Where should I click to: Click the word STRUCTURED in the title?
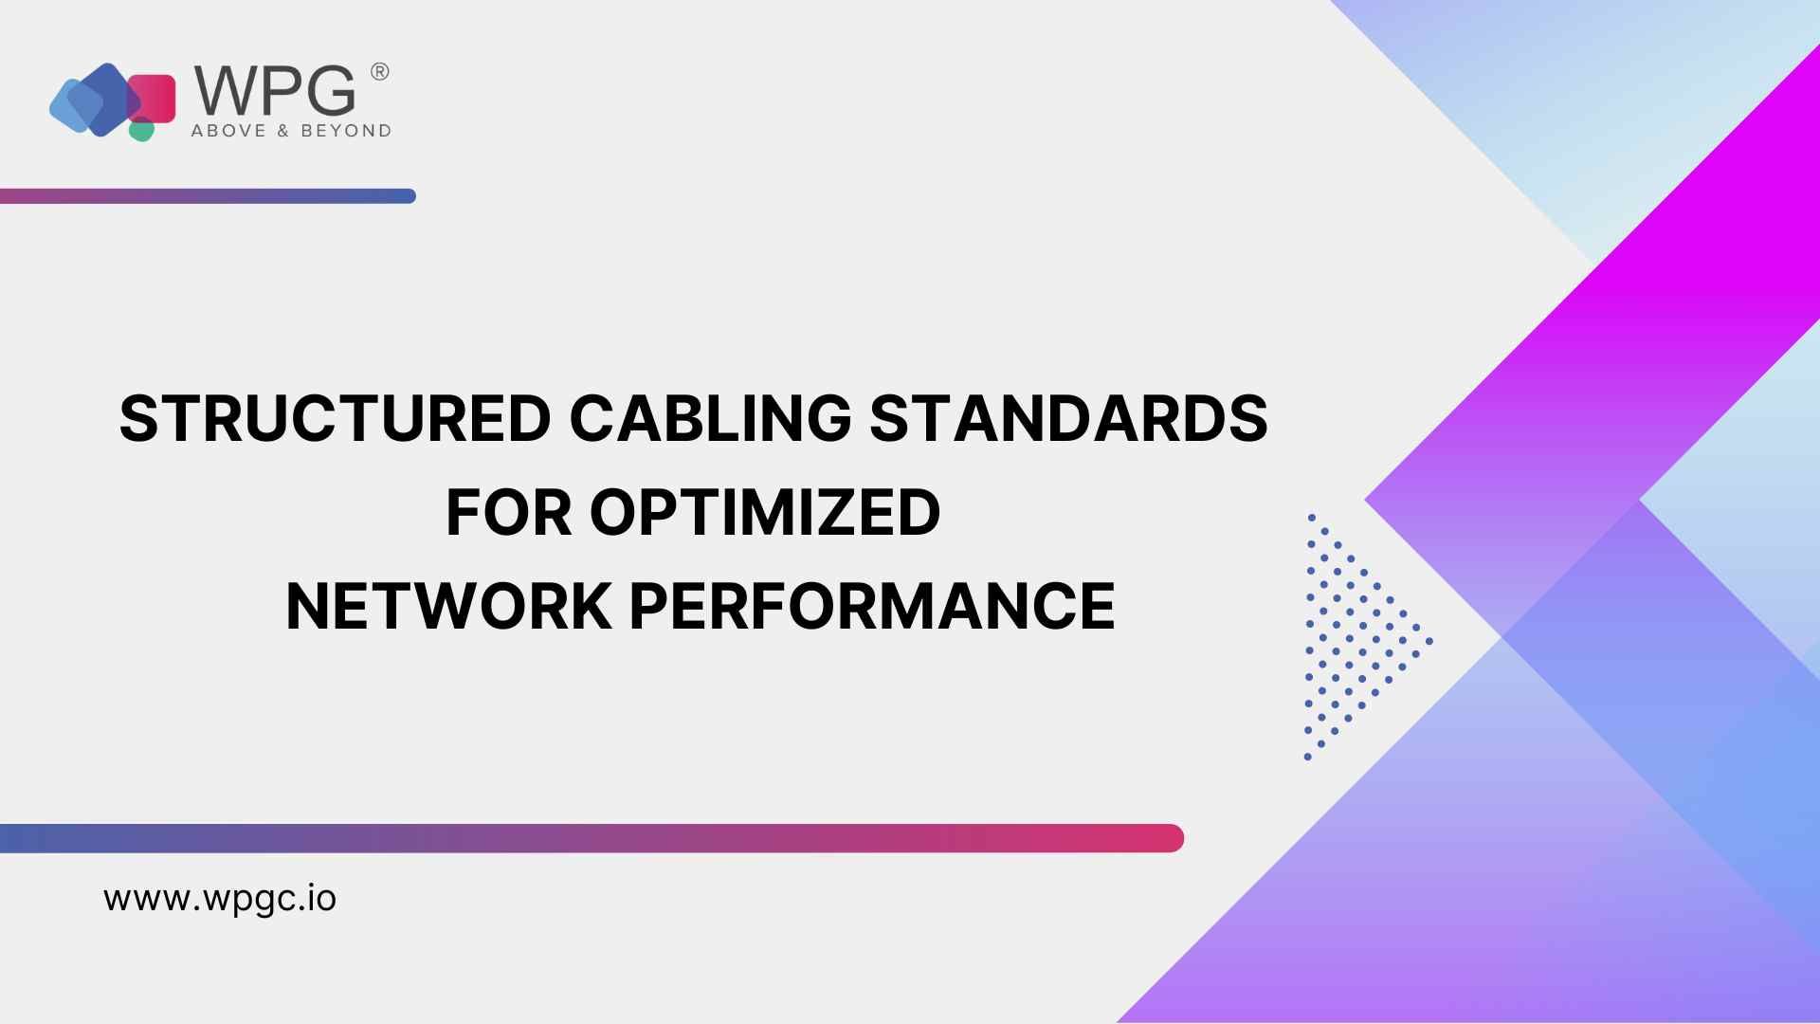pyautogui.click(x=336, y=418)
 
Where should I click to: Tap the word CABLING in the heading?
pyautogui.click(x=710, y=418)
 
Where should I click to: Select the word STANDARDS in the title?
pyautogui.click(x=1068, y=418)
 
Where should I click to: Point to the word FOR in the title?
pyautogui.click(x=509, y=512)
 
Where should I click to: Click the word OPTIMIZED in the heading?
pyautogui.click(x=765, y=512)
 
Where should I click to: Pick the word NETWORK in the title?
pyautogui.click(x=448, y=606)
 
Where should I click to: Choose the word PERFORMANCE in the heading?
pyautogui.click(x=872, y=606)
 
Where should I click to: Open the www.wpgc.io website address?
pyautogui.click(x=220, y=899)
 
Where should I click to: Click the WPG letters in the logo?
pyautogui.click(x=275, y=90)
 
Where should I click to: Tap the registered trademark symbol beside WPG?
pyautogui.click(x=378, y=72)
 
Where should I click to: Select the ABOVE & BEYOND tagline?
pyautogui.click(x=291, y=131)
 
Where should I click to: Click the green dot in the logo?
pyautogui.click(x=141, y=130)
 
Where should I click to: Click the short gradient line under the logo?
pyautogui.click(x=208, y=196)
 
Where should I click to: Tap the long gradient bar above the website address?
pyautogui.click(x=591, y=838)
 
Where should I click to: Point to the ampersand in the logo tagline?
pyautogui.click(x=282, y=131)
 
